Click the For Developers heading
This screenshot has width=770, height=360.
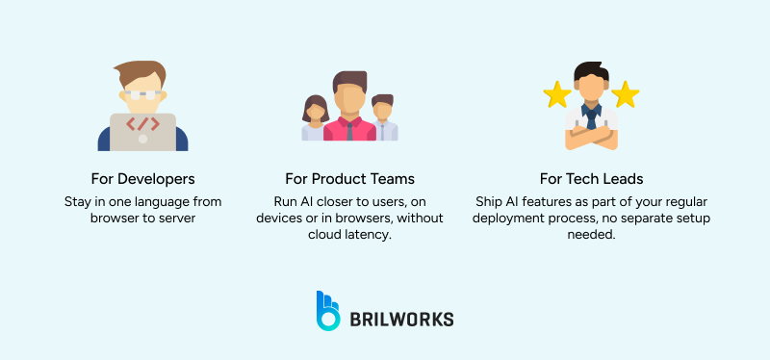[143, 179]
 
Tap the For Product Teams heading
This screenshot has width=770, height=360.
[349, 179]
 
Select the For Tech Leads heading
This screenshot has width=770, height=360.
[591, 179]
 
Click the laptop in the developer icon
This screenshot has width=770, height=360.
[142, 131]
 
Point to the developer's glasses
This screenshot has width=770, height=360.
[142, 95]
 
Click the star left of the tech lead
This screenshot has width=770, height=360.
[556, 94]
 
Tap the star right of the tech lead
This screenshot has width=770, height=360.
[626, 94]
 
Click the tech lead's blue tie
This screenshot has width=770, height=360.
[591, 116]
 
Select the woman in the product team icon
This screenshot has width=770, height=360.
[315, 120]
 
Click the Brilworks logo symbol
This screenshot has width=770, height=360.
[328, 310]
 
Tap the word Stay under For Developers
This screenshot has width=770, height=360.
[78, 202]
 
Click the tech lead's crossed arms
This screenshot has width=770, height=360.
[591, 138]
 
